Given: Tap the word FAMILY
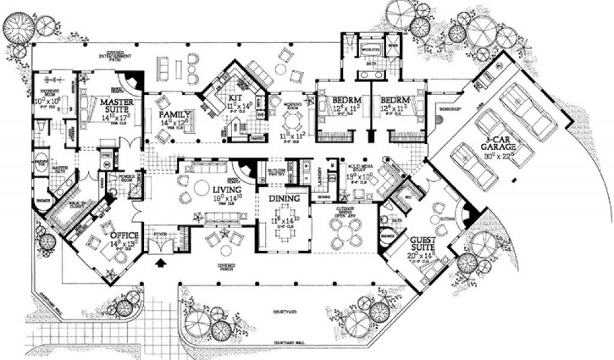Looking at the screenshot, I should [x=174, y=114].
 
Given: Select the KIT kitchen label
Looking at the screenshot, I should [x=235, y=98].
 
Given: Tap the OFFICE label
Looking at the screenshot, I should [x=125, y=235].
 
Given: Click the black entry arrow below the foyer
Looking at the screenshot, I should [x=161, y=262].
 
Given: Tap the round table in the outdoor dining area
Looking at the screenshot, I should [x=346, y=232].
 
